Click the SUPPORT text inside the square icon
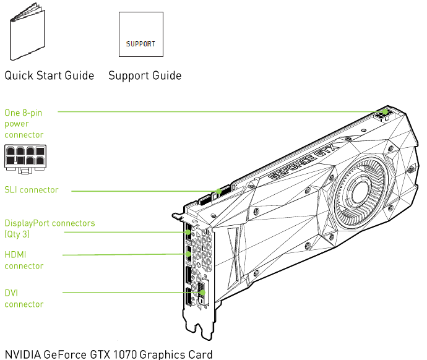141,45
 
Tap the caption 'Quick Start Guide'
50,76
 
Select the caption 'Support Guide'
145,76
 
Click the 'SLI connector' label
32,190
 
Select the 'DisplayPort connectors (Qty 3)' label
50,228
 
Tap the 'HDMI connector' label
24,260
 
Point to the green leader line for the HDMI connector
124,254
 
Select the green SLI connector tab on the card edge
217,193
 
